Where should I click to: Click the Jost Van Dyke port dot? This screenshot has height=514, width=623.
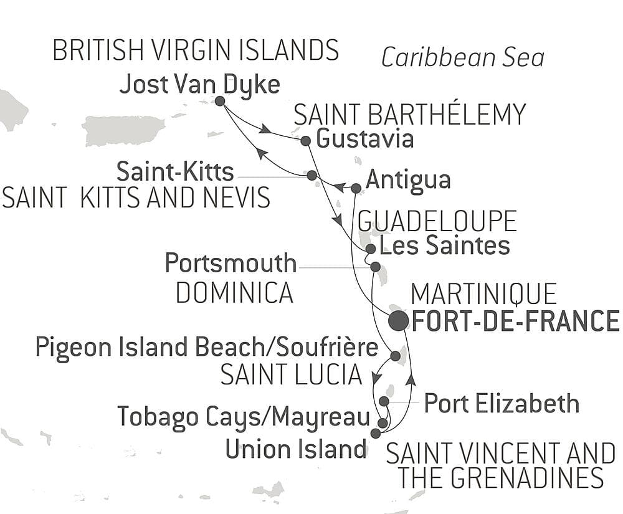point(219,101)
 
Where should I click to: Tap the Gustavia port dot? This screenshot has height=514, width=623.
point(305,141)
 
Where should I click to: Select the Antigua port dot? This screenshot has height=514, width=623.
point(356,188)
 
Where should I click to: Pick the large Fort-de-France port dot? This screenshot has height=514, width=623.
point(398,321)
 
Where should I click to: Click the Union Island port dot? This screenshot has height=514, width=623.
point(375,433)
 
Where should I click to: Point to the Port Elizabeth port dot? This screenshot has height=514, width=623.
point(384,401)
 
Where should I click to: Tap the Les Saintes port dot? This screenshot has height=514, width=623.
point(370,249)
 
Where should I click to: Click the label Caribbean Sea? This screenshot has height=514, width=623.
point(462,58)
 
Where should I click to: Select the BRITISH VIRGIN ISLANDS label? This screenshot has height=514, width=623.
point(196,50)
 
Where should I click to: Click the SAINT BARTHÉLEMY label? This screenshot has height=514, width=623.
point(409,115)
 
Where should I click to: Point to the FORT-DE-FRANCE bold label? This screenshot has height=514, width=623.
point(516,321)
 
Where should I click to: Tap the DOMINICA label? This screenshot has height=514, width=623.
point(234,292)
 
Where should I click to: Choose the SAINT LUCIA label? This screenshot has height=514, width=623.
point(292,374)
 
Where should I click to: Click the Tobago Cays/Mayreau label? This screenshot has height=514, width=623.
point(244,416)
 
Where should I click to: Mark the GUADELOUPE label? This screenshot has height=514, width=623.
point(437,221)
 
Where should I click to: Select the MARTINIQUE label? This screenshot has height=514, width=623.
point(483,294)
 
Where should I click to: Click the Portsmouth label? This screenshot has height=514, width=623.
point(231,264)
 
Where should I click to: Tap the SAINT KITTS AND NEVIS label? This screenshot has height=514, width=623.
point(136,198)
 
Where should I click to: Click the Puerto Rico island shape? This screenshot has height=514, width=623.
point(124,130)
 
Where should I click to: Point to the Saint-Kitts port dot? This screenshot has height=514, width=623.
point(311,176)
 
